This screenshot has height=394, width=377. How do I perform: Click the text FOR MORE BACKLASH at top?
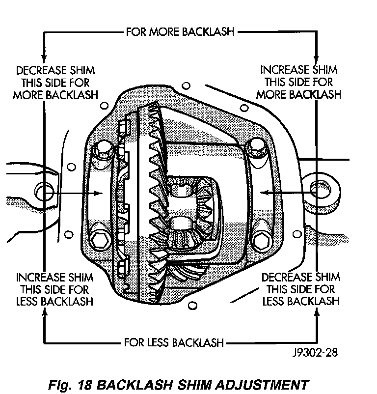(x=180, y=32)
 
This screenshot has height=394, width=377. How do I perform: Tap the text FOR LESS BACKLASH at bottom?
(x=174, y=342)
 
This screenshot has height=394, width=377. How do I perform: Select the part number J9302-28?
(x=315, y=352)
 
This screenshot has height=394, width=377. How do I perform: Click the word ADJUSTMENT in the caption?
(x=262, y=385)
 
